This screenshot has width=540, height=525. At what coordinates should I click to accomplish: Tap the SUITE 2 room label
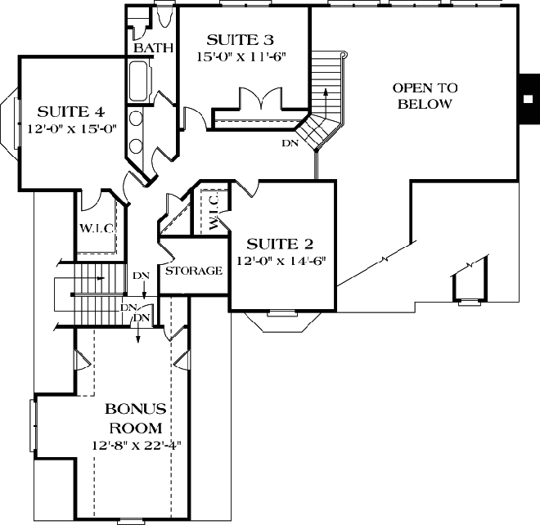pos(281,243)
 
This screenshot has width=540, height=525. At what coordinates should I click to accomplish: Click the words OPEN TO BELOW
pos(425,95)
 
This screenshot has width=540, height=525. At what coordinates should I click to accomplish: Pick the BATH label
pos(154,48)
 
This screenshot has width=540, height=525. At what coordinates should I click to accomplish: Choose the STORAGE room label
pos(194,271)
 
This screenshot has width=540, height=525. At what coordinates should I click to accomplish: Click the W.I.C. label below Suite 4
pos(96,228)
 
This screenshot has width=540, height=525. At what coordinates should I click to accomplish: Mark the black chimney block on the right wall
pos(528,95)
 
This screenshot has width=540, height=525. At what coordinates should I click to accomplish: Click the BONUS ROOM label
pos(136,418)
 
